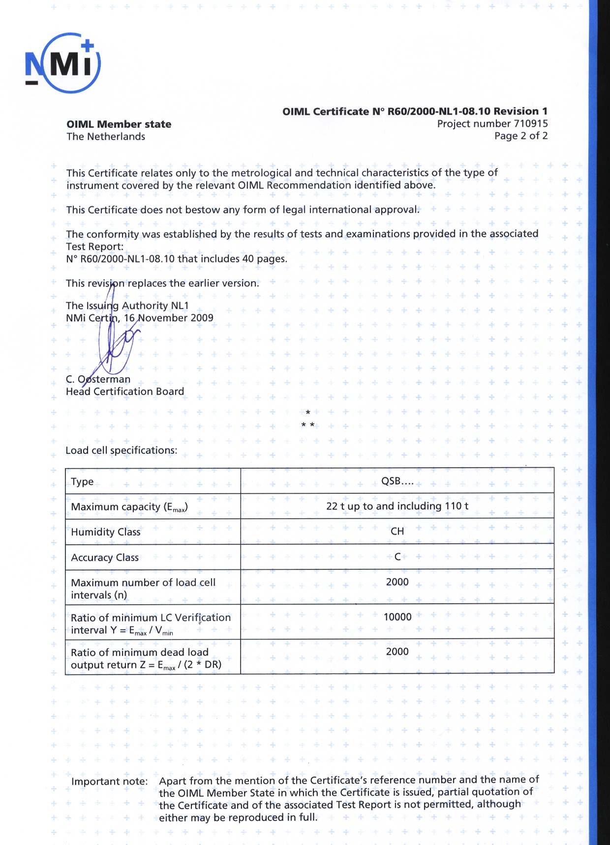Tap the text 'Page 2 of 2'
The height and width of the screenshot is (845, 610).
tap(521, 136)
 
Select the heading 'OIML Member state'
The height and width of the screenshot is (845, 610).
tap(119, 124)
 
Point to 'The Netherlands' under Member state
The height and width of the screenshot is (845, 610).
tap(106, 137)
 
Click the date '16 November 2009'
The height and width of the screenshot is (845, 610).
tap(168, 318)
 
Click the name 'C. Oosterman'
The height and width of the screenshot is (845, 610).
tap(98, 379)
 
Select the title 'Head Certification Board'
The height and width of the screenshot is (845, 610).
tap(125, 392)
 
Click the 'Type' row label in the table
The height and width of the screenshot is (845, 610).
tap(82, 481)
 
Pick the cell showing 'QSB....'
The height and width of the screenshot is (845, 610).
tap(397, 481)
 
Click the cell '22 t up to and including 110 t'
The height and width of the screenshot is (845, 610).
tap(397, 506)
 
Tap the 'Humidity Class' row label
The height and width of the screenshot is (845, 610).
tap(106, 532)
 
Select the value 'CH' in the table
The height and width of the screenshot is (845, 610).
tap(397, 532)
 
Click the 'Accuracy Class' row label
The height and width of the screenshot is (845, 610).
tap(105, 558)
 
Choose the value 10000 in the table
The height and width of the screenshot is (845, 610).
tap(397, 617)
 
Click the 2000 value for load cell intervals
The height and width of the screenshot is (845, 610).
tap(397, 582)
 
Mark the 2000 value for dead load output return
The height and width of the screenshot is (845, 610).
tap(397, 652)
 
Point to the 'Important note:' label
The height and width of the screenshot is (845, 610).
tap(109, 782)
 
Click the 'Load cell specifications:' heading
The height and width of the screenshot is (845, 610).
tap(122, 451)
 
